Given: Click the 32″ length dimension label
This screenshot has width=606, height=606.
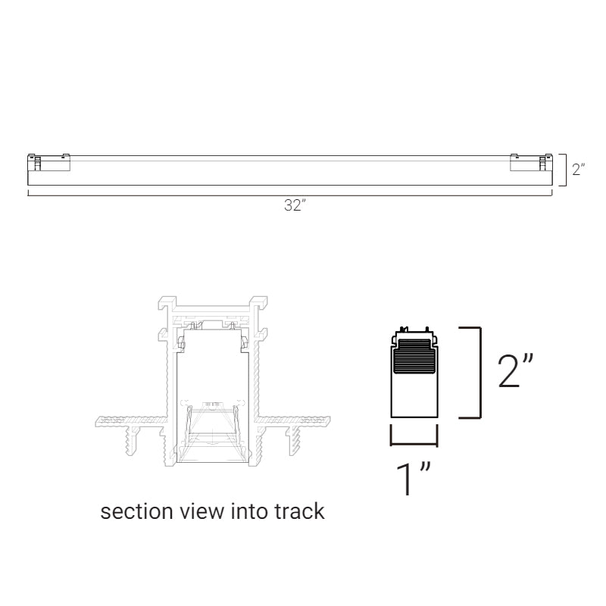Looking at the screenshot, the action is (x=295, y=205).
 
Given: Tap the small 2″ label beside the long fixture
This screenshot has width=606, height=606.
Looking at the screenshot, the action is (x=579, y=170).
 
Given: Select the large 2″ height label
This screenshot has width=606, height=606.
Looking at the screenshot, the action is (x=515, y=370).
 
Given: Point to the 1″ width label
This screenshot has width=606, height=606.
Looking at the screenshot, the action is (x=413, y=479).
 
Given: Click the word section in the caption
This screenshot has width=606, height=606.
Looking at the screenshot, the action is (x=136, y=511).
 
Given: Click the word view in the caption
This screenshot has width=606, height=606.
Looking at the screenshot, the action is (x=201, y=511).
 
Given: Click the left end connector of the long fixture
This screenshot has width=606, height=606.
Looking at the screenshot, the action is (x=48, y=162).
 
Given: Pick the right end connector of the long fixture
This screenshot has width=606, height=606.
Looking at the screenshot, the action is (x=531, y=162).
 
